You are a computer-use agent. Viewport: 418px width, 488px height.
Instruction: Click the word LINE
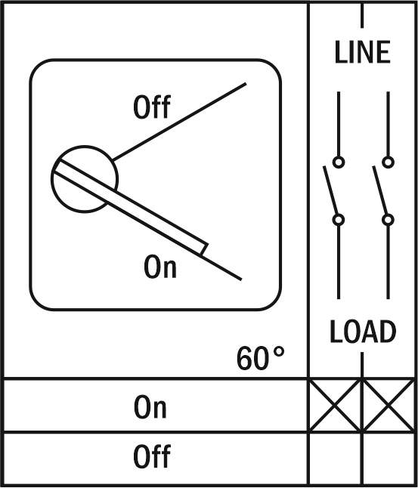tap(363, 52)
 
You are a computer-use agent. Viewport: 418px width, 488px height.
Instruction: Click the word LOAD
tap(363, 331)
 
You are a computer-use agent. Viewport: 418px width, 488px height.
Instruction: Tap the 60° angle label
tap(260, 358)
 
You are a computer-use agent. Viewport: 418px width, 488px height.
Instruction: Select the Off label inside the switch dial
tap(152, 107)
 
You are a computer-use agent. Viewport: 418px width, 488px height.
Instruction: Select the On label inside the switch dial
tap(160, 266)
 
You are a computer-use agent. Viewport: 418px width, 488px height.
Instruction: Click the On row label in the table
tap(150, 406)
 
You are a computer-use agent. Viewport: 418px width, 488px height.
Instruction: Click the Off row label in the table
tap(152, 456)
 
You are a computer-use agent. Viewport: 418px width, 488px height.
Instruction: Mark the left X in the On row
tap(335, 405)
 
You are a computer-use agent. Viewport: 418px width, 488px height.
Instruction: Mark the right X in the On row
tap(389, 405)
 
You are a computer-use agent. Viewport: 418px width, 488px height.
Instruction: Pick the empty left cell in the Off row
tap(336, 459)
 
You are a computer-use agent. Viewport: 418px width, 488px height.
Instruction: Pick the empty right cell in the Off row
tap(389, 459)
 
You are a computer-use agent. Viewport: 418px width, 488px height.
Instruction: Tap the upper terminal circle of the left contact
tap(339, 162)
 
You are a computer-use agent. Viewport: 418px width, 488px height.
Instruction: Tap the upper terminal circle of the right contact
tap(388, 162)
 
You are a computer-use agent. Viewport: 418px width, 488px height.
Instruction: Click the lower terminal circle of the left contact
tap(339, 220)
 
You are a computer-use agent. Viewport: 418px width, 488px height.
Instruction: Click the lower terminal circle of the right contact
tap(388, 220)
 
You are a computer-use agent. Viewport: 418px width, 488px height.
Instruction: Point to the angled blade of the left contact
tap(330, 190)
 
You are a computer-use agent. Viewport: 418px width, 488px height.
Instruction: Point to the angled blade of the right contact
tap(379, 190)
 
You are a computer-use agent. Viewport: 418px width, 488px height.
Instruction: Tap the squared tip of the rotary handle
tap(204, 249)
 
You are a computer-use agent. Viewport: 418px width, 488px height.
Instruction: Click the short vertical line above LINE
tap(362, 16)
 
